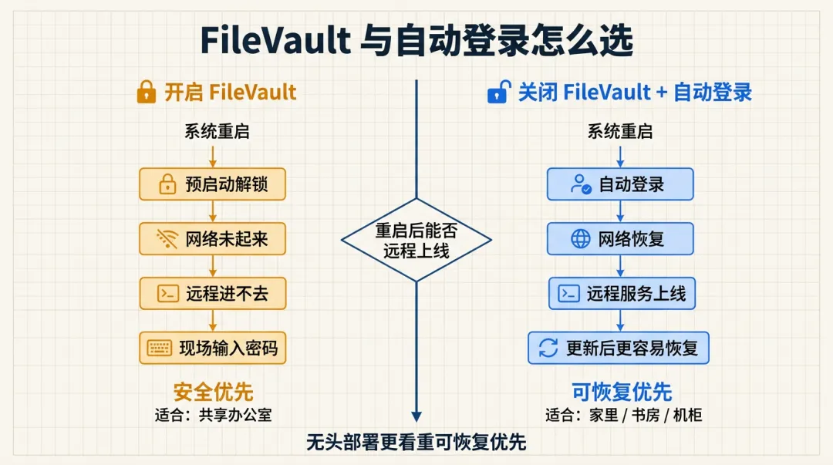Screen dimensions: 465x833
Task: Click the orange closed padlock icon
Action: (146, 93)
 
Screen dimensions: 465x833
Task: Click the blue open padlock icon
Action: (498, 93)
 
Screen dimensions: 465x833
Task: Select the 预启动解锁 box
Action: (212, 185)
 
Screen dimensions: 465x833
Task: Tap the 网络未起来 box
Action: (212, 239)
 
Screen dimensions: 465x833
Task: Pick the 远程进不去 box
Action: (212, 293)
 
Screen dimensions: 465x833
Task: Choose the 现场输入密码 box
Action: (212, 348)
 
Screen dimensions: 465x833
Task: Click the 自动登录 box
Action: (621, 185)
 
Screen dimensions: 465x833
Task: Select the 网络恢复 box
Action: (621, 239)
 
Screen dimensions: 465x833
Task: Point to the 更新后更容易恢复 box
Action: (619, 348)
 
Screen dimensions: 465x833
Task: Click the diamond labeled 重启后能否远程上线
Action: (416, 241)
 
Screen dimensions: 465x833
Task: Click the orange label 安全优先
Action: (213, 392)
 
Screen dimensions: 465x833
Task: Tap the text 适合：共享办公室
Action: (213, 414)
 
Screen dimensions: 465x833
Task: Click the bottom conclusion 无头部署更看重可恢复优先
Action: (416, 443)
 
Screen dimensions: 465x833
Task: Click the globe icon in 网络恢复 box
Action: (580, 239)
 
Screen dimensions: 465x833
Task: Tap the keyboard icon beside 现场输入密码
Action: (160, 348)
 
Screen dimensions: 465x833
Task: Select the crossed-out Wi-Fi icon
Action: (167, 239)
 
